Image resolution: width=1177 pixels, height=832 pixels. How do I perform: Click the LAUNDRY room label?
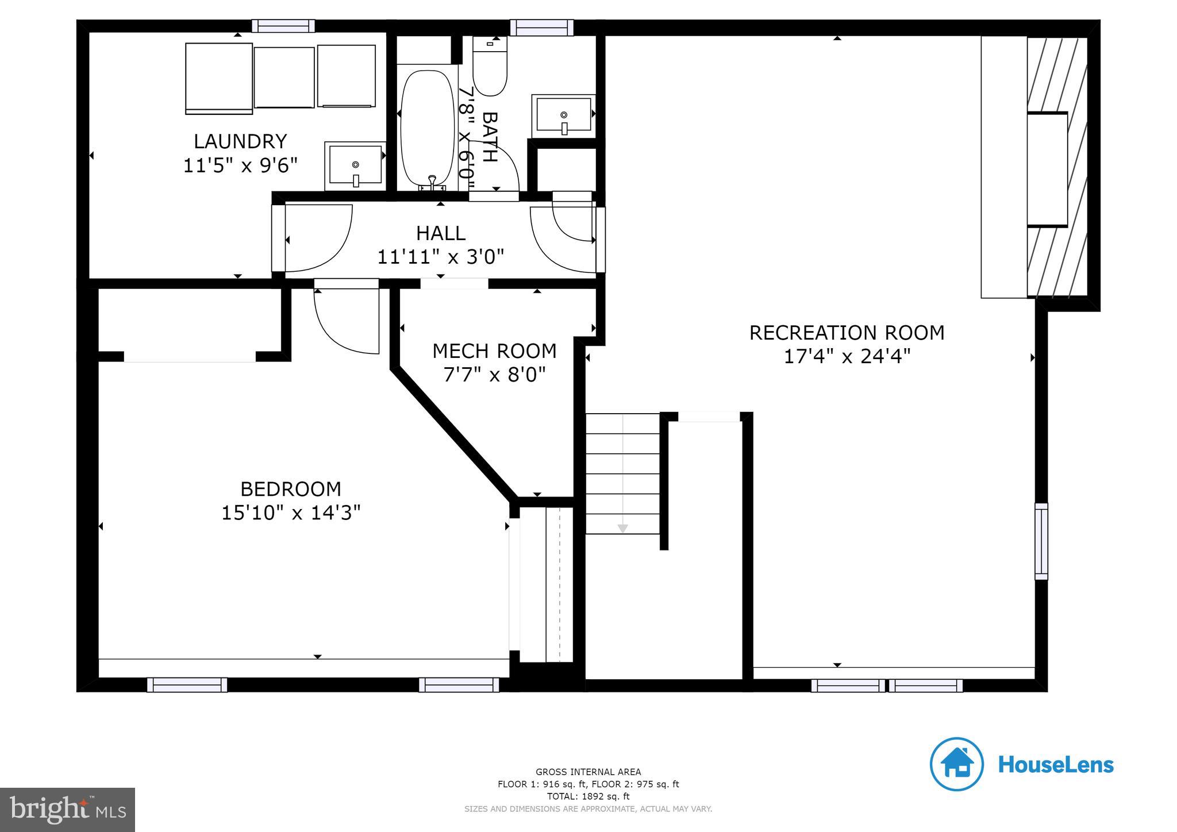click(240, 141)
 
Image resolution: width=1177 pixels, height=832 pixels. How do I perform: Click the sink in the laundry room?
click(355, 165)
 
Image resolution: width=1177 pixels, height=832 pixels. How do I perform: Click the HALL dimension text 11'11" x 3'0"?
click(440, 257)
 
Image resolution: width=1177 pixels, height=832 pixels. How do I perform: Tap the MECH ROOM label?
click(494, 350)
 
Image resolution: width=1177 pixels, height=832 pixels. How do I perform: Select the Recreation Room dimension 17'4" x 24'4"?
click(847, 357)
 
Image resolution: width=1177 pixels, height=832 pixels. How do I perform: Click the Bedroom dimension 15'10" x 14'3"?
click(291, 513)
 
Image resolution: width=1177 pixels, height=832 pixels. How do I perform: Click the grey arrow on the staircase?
click(622, 528)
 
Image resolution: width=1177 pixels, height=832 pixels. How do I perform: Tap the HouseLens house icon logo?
click(956, 765)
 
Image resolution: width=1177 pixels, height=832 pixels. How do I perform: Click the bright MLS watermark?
click(68, 810)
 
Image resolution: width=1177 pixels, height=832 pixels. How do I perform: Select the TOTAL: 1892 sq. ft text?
click(588, 796)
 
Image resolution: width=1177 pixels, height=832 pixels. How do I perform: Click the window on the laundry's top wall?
click(283, 26)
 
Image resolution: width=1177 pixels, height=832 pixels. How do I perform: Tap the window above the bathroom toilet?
click(542, 27)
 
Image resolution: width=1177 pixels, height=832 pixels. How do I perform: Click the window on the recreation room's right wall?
click(1041, 541)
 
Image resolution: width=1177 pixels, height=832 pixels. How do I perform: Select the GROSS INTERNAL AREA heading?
click(588, 772)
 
